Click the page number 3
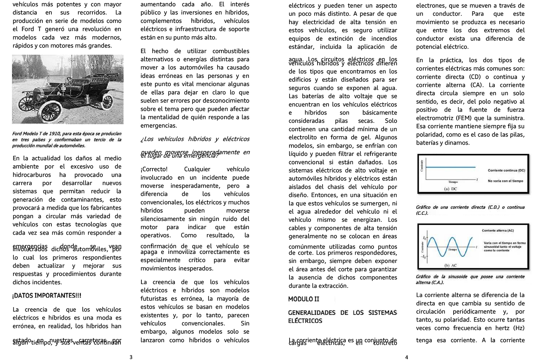[x=131, y=357]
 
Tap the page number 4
[x=406, y=357]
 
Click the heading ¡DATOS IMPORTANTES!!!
[x=47, y=296]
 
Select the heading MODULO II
[x=304, y=299]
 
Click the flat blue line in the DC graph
[x=450, y=167]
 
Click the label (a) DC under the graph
[x=451, y=189]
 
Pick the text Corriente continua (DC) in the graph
[x=506, y=170]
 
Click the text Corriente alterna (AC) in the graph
[x=498, y=231]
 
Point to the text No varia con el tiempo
[x=505, y=181]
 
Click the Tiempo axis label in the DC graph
[x=453, y=182]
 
